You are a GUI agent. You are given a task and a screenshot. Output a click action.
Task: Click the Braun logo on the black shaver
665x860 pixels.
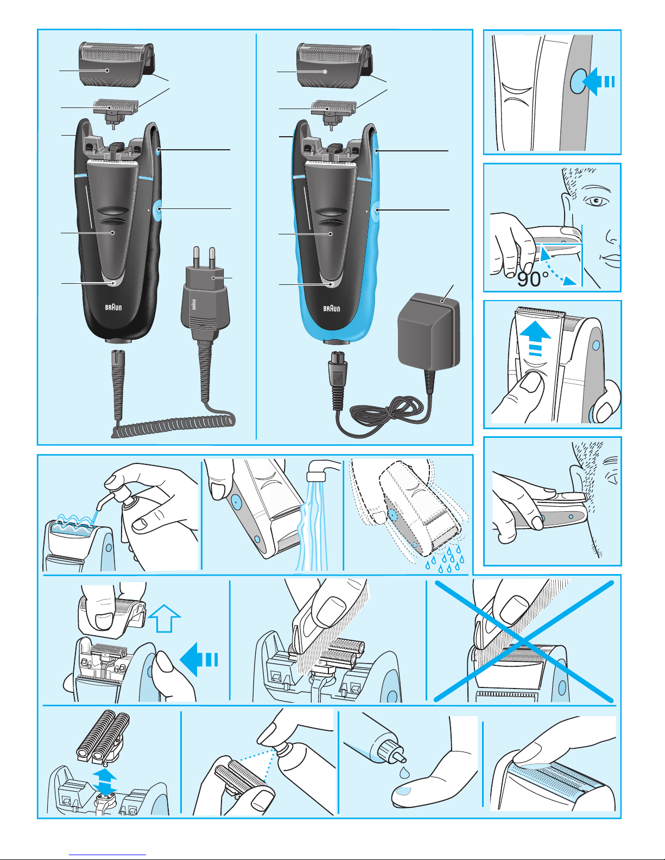[113, 307]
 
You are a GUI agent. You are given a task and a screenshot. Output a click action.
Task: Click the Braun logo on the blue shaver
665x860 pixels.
[332, 308]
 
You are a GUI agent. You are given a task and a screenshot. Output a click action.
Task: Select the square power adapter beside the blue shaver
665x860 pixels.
[429, 330]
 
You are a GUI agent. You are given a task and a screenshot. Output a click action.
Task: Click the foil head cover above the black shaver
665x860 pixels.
[116, 65]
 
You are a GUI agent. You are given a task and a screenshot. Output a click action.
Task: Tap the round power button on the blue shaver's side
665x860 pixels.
[377, 211]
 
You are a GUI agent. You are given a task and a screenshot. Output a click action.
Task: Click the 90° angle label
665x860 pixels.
[533, 279]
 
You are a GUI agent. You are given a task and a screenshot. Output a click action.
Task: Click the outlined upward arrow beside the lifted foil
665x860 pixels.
[164, 618]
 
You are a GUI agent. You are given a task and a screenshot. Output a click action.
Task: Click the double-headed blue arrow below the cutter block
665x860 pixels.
[105, 782]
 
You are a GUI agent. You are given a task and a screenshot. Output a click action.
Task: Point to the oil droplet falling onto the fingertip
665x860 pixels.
[404, 772]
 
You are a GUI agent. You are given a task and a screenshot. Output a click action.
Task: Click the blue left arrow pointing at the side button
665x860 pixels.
[598, 81]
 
